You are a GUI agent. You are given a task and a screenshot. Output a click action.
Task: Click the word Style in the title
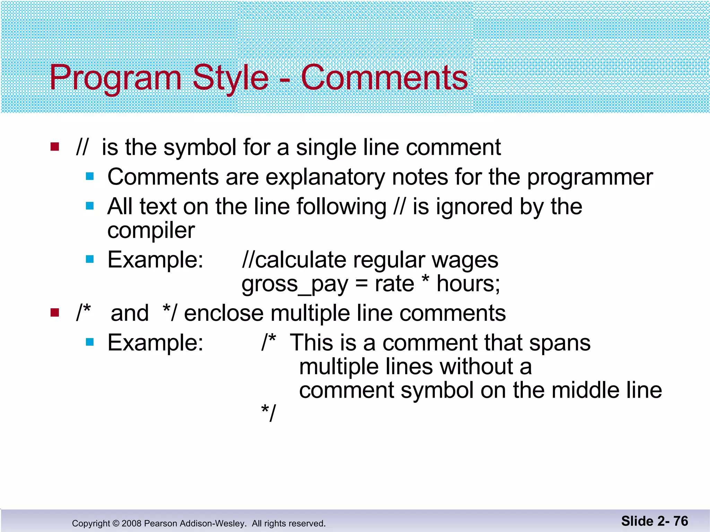(x=230, y=78)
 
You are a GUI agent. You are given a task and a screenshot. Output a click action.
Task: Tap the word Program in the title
(x=115, y=78)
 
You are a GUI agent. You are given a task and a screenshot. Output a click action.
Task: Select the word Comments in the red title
(x=384, y=78)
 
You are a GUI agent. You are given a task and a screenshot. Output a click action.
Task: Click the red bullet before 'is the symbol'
(x=55, y=147)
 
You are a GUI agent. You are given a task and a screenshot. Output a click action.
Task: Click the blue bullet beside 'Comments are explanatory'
(x=90, y=177)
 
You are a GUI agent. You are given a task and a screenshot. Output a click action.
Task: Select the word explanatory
(x=325, y=177)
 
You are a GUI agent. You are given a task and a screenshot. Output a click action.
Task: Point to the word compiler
(x=151, y=231)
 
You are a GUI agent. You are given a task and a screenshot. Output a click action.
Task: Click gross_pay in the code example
(x=295, y=284)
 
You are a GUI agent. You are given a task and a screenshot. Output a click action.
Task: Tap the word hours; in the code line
(x=468, y=284)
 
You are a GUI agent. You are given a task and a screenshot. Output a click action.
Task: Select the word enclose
(x=224, y=313)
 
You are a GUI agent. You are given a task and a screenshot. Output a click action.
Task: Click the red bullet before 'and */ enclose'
(x=55, y=313)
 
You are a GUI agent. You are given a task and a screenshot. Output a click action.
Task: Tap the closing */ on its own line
(x=269, y=413)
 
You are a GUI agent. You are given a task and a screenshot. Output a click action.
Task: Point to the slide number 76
(x=681, y=521)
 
